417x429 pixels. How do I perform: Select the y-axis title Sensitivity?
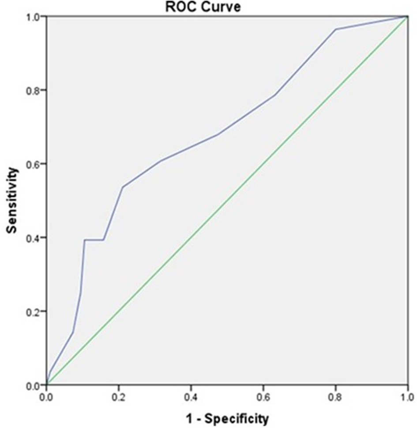click(13, 200)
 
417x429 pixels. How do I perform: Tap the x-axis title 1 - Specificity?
click(226, 418)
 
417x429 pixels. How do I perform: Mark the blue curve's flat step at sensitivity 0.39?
click(94, 240)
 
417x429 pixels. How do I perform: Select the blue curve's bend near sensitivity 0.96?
click(336, 30)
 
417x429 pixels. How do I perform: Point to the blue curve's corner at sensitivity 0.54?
click(122, 187)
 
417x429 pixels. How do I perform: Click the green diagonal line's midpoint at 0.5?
click(227, 201)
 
